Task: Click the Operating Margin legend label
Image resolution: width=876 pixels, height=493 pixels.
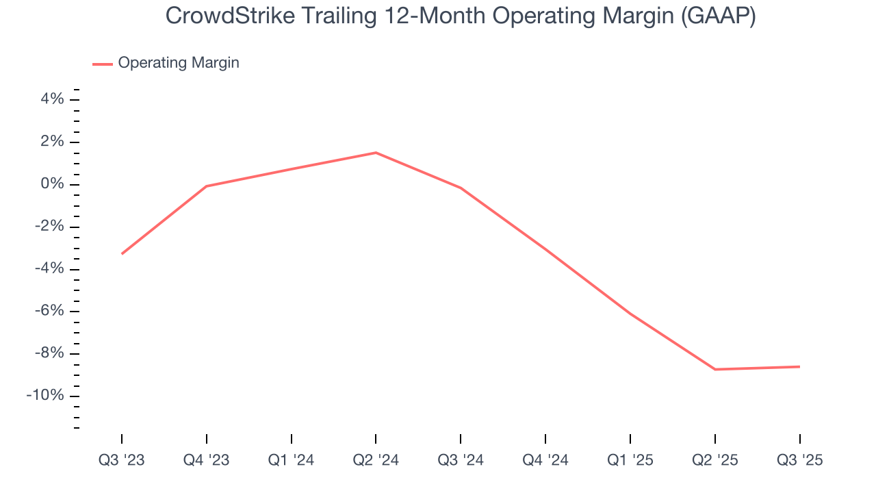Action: coord(179,63)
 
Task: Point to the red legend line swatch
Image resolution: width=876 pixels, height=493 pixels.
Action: coord(103,64)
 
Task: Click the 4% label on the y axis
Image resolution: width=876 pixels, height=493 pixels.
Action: coord(52,100)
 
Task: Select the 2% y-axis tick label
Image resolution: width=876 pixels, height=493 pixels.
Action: coord(52,142)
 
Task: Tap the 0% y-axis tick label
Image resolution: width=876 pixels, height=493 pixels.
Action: coord(52,185)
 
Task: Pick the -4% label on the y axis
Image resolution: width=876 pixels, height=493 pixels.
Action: coord(49,269)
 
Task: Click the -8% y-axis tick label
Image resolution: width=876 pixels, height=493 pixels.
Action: coord(49,354)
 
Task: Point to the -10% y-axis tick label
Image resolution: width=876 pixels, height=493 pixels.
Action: coord(45,396)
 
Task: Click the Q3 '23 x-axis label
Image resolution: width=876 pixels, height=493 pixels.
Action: coord(122,461)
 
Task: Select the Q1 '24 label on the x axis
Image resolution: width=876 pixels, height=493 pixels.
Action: coord(292,461)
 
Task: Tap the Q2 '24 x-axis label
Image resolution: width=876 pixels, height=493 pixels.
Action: coord(376,461)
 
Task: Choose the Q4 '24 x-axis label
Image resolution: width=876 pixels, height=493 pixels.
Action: coord(545,461)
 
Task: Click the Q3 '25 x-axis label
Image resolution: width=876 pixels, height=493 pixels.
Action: coord(799,461)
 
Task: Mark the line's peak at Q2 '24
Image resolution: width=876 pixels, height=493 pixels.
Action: coord(376,153)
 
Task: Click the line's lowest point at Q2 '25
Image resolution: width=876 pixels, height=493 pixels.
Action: coord(714,369)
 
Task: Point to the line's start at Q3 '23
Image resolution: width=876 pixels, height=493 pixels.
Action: coord(122,254)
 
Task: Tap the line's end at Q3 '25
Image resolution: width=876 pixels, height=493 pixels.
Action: coord(799,366)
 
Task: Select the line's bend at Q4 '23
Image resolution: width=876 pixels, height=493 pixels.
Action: coord(207,186)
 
